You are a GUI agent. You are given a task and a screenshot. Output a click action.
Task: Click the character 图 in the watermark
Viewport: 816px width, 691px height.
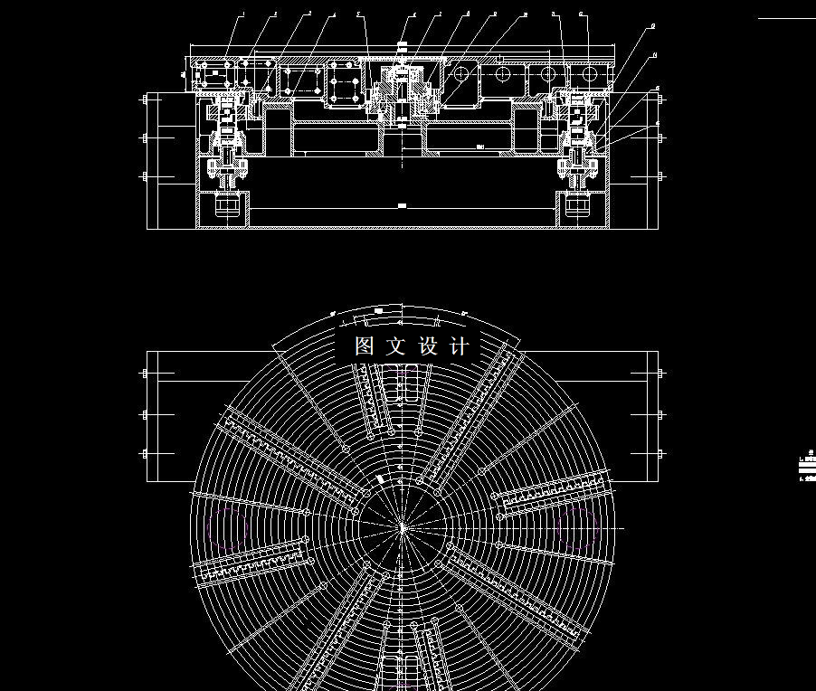(x=365, y=346)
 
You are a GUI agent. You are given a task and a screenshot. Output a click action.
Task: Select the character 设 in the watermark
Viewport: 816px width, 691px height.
(x=428, y=346)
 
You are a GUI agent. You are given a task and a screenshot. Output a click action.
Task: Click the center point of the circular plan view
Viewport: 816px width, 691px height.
(x=403, y=526)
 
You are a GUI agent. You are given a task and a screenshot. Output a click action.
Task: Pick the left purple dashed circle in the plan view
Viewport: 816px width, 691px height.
(x=227, y=526)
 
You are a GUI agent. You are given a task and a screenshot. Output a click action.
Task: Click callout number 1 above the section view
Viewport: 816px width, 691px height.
(x=242, y=14)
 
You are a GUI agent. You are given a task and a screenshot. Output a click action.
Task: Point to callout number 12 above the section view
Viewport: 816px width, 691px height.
(x=581, y=14)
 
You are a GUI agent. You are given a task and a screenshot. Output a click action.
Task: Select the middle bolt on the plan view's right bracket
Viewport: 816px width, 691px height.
(x=661, y=414)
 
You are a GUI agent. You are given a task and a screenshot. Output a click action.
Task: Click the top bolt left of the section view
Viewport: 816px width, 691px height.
(x=145, y=100)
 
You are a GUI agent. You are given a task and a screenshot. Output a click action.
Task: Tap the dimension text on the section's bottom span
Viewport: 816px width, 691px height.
(x=403, y=206)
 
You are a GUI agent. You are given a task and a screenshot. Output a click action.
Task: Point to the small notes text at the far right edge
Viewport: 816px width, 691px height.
(x=803, y=466)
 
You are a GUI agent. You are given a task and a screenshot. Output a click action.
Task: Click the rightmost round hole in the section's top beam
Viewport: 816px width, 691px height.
(x=589, y=71)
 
